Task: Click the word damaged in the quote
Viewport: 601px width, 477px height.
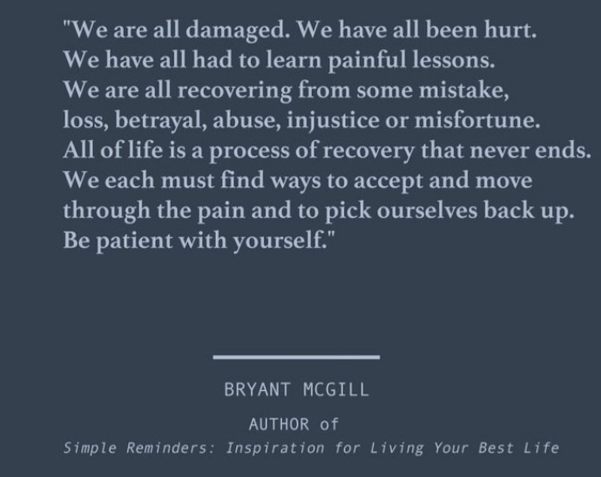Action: [x=238, y=30]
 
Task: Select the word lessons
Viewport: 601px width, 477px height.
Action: [x=454, y=60]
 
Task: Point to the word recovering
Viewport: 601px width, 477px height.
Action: [x=234, y=91]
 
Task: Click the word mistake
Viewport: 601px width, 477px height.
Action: [x=463, y=91]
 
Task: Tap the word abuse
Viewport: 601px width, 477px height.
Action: [x=246, y=120]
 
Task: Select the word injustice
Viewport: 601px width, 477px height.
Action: [x=333, y=120]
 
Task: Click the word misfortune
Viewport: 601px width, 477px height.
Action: [x=477, y=120]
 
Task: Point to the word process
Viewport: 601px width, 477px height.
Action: [x=249, y=151]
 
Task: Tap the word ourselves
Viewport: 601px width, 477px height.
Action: [x=427, y=211]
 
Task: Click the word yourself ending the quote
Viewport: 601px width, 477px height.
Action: [x=280, y=241]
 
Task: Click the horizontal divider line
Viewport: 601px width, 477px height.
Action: [x=296, y=357]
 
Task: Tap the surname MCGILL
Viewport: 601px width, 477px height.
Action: [x=335, y=390]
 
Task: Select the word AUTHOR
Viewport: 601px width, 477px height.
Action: [x=279, y=424]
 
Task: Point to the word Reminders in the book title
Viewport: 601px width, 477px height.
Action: [x=171, y=448]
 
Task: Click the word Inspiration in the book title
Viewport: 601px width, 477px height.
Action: [x=275, y=448]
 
